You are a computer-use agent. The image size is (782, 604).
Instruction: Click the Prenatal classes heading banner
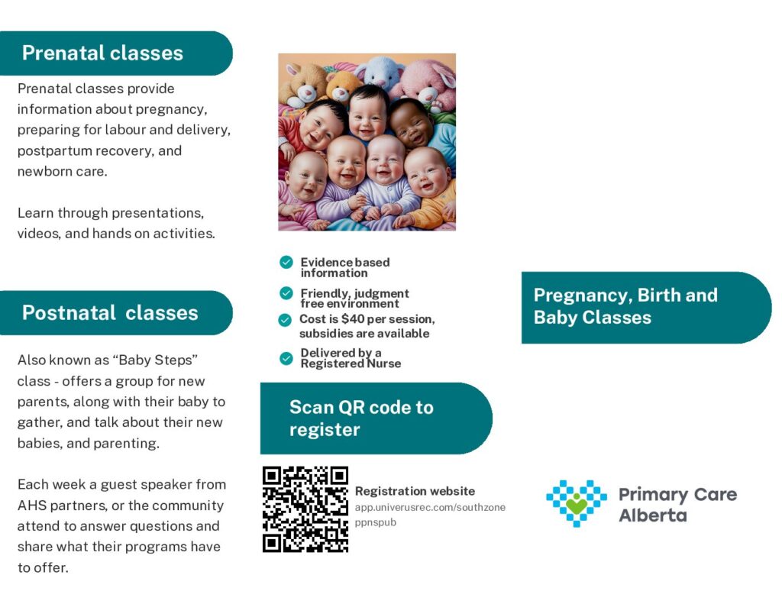116,53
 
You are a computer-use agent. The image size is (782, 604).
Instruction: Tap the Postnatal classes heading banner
116,313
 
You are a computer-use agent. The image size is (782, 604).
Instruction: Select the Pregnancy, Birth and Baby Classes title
625,306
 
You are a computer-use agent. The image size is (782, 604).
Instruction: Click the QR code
305,509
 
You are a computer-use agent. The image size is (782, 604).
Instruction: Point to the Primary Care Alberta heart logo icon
577,502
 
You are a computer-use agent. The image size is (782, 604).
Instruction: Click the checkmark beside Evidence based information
286,262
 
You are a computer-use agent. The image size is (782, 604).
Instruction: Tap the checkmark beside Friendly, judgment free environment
286,292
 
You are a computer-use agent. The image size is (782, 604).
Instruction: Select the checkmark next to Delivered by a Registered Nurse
286,358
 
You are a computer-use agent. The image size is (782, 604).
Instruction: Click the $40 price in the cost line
353,318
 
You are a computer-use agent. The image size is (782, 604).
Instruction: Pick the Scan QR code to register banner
376,418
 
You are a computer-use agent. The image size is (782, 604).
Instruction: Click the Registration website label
415,491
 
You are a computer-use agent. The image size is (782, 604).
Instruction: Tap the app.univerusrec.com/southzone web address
430,507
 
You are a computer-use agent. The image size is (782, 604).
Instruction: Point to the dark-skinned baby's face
412,124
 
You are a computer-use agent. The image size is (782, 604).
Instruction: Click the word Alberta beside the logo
652,515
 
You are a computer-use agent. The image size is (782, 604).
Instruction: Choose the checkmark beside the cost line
285,320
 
